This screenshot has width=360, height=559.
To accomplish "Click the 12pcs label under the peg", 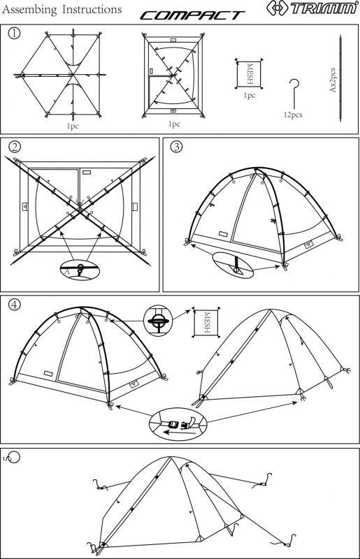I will [293, 113].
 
